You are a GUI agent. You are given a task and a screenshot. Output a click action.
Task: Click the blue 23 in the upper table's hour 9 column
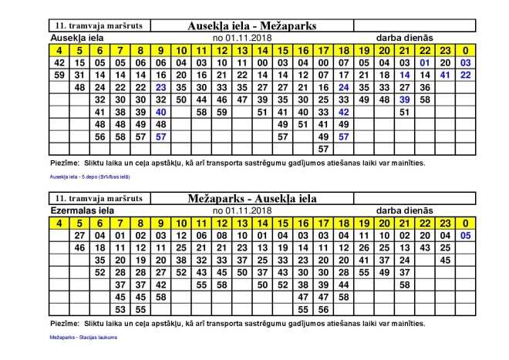coord(160,87)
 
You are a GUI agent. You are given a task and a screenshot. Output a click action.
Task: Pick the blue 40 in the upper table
coord(160,112)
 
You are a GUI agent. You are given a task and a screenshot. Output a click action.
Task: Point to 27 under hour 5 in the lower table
coord(79,235)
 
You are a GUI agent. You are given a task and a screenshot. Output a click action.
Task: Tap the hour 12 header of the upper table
coord(221,50)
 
